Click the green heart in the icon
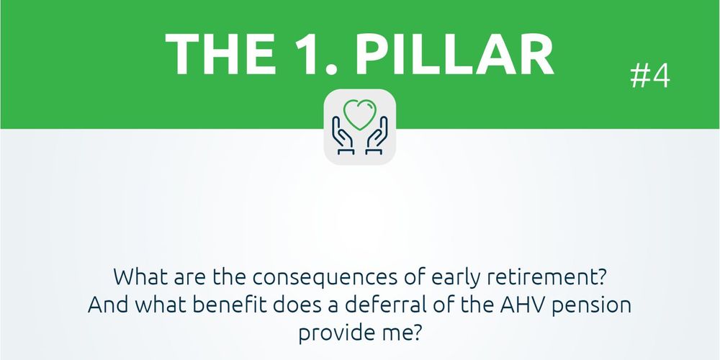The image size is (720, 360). click(359, 114)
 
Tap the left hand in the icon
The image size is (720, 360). click(343, 135)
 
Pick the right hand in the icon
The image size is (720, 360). click(377, 135)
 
